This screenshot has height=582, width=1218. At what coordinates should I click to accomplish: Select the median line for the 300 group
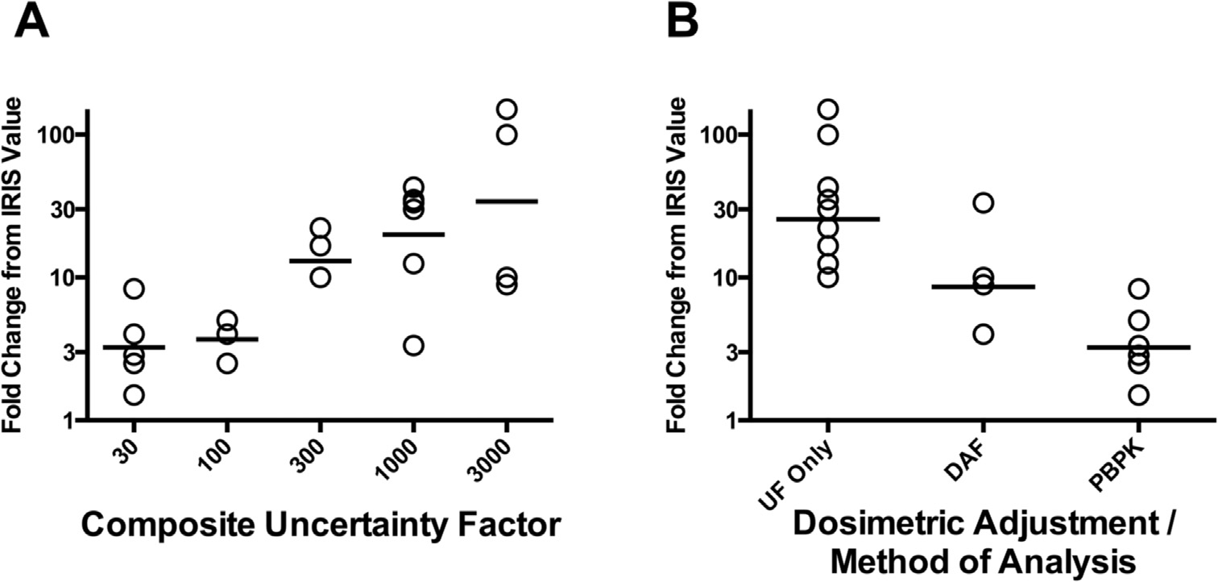coord(320,260)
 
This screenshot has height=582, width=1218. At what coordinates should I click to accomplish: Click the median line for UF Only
coord(828,218)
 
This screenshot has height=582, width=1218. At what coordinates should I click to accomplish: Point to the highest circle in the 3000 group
coord(506,109)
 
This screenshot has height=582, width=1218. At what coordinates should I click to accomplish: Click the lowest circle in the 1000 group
coord(413,345)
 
